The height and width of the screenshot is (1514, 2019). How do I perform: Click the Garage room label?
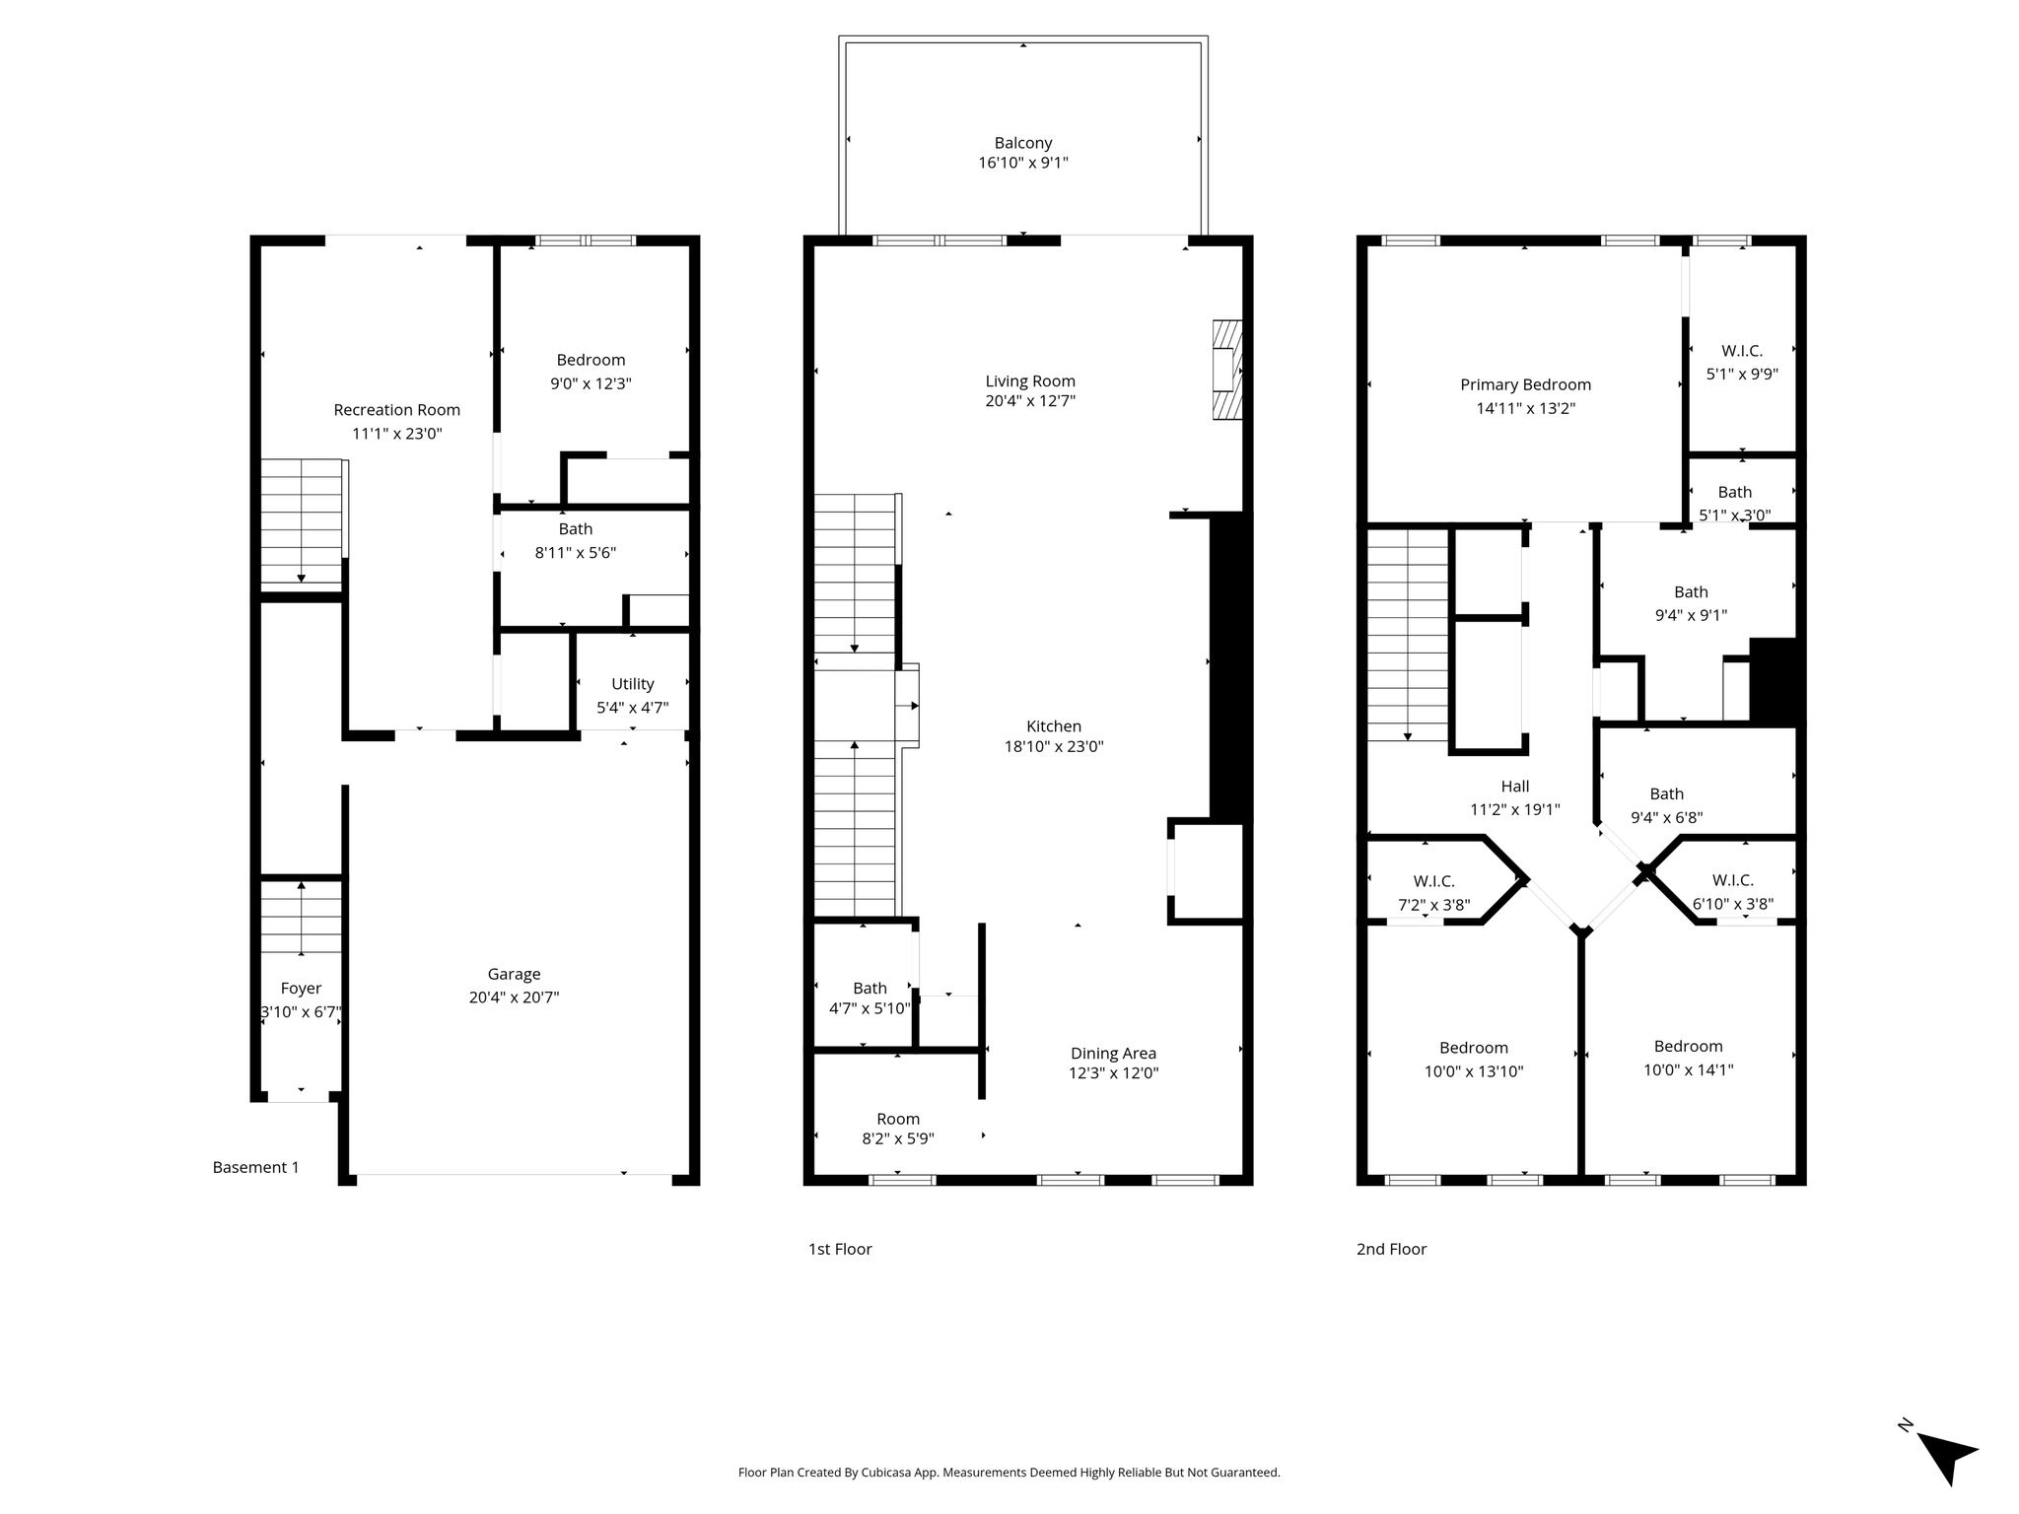click(x=514, y=974)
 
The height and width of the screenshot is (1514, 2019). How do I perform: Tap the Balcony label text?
click(x=1023, y=143)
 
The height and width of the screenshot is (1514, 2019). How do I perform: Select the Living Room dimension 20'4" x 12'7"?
click(x=1030, y=401)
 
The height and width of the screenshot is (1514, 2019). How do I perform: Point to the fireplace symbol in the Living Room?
click(x=1227, y=371)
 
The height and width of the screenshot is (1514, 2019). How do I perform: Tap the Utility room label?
click(x=633, y=684)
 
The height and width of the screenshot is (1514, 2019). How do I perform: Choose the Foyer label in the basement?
click(x=301, y=989)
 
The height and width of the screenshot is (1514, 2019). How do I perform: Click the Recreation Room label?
click(x=396, y=410)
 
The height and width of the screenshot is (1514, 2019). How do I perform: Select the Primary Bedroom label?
click(x=1526, y=384)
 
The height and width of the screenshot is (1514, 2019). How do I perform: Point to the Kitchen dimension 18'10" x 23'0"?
click(x=1054, y=747)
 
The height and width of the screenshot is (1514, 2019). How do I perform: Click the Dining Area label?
click(x=1113, y=1054)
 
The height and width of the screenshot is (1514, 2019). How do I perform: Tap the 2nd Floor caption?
click(x=1391, y=1250)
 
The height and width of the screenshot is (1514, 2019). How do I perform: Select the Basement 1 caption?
click(x=256, y=1168)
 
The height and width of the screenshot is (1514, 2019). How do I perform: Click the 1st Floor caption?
click(x=840, y=1250)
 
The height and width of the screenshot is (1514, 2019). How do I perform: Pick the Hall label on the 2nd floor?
click(x=1515, y=787)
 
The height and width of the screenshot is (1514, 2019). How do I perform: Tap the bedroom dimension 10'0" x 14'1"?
click(x=1689, y=1069)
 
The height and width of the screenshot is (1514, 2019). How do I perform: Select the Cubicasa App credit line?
click(x=1009, y=1473)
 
